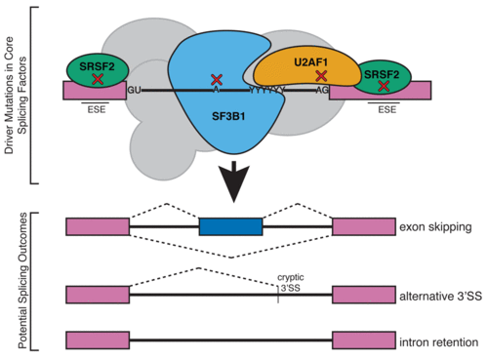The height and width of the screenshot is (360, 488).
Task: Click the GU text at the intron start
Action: coord(136,90)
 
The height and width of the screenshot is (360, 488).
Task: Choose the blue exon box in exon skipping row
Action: coord(230,226)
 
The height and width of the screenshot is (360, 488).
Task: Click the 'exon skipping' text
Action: coord(434,226)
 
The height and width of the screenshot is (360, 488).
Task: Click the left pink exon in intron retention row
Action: coord(97,341)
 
